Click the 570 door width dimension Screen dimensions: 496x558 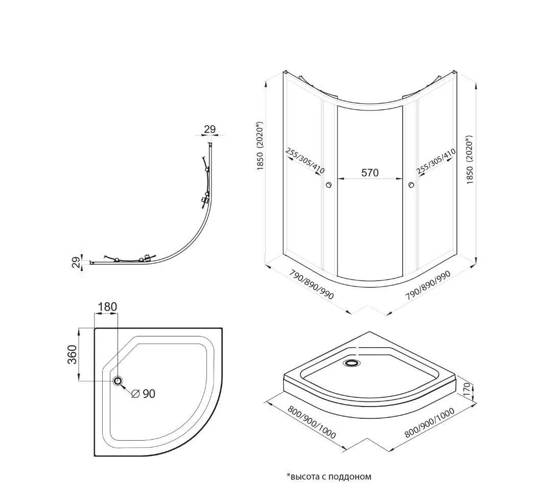pos(369,173)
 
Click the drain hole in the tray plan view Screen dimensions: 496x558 pos(119,381)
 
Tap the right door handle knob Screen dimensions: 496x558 pos(410,185)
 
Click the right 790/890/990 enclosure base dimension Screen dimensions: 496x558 pos(428,288)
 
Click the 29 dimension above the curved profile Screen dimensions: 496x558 pos(210,129)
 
